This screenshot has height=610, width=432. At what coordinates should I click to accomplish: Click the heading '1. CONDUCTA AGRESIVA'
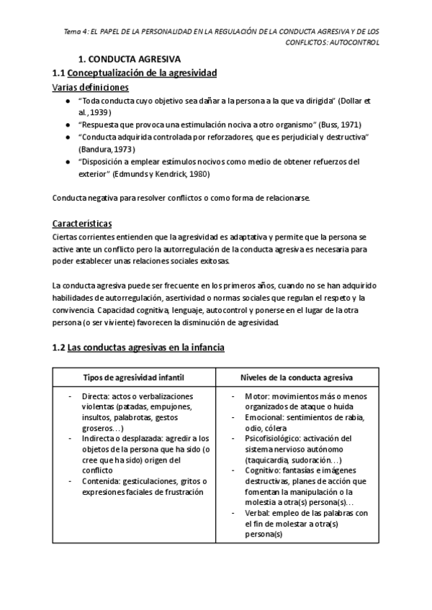coord(129,59)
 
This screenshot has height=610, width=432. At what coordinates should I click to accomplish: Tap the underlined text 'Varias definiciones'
coord(91,87)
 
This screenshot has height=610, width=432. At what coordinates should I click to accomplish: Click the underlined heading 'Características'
coord(82,223)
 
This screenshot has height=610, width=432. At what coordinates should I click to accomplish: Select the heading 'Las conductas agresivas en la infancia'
coord(146,347)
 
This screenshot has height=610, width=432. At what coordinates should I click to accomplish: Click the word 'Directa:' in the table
coord(97,396)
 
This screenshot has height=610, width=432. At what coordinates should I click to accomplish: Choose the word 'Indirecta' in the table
coord(101,438)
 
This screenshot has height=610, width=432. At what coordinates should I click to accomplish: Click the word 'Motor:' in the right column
coord(257,396)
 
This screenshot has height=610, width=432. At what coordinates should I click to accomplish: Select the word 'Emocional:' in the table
coord(265,417)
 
